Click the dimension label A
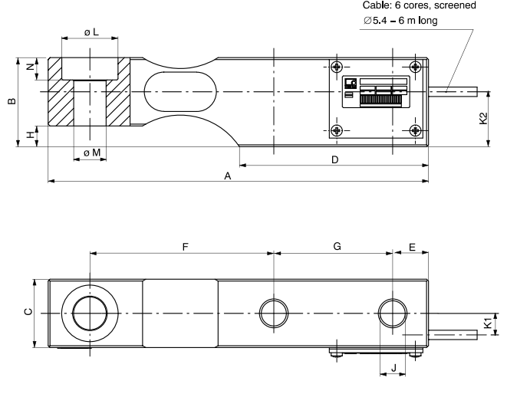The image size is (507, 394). (x=227, y=176)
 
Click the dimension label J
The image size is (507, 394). (x=393, y=368)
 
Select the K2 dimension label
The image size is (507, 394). (x=482, y=120)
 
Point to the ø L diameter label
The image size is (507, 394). (x=91, y=33)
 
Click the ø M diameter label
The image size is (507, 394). (x=91, y=153)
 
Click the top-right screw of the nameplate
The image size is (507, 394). (x=415, y=66)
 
